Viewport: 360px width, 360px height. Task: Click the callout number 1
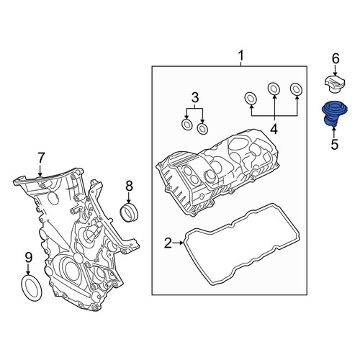coord(240,55)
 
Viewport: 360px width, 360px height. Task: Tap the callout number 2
coord(168,243)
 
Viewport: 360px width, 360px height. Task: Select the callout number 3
coord(195,98)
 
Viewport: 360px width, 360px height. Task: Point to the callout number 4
coord(274,130)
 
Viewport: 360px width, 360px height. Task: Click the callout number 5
coord(335,144)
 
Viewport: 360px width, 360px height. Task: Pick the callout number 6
coord(336,58)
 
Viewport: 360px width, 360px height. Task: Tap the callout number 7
coord(41,158)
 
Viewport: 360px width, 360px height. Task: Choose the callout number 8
coord(129,186)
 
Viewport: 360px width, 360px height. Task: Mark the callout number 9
coord(29,258)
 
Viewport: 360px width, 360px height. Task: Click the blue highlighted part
coord(334,113)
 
